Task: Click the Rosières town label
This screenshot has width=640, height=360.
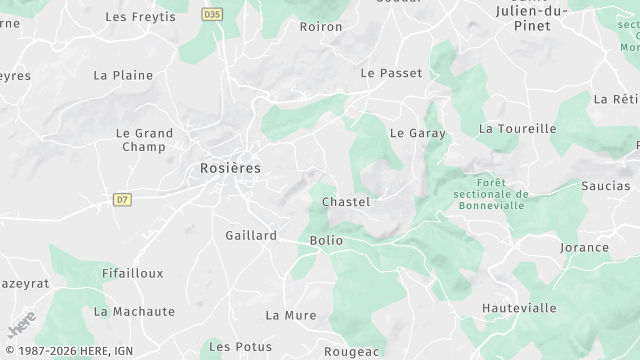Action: tap(230, 168)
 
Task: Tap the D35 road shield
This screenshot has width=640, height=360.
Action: tap(211, 15)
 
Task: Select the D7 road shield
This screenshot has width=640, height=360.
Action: tap(122, 199)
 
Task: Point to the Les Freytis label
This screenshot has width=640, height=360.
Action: tap(140, 17)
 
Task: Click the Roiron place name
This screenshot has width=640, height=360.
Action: tap(321, 27)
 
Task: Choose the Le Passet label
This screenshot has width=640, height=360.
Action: tap(391, 73)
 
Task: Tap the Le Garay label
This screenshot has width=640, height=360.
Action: tap(417, 132)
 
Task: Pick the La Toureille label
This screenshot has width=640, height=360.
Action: tap(517, 128)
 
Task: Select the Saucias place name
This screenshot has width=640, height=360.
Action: tap(606, 186)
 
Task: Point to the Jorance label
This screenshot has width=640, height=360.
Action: tap(584, 247)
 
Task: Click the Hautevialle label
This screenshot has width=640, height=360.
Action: tap(519, 308)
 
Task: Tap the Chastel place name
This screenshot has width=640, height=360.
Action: tap(346, 202)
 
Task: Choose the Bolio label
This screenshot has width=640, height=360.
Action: tap(326, 240)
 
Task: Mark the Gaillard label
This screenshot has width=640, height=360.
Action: tap(251, 235)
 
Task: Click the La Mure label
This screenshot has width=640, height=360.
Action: tap(290, 315)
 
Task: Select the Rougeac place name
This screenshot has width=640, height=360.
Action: tap(352, 351)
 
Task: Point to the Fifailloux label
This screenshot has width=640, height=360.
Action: tap(133, 272)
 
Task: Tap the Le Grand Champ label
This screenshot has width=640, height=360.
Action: tap(144, 140)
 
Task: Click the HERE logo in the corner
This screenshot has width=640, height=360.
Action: tap(22, 326)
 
